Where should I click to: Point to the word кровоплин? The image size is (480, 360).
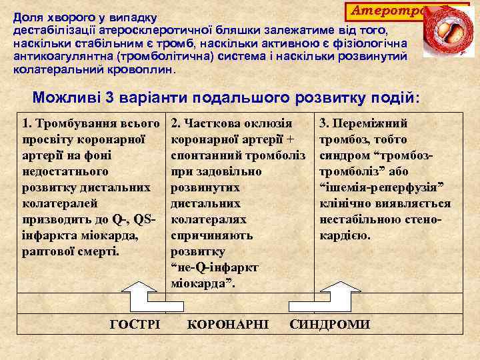coord(139,69)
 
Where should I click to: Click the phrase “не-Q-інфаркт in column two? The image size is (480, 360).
coord(215,267)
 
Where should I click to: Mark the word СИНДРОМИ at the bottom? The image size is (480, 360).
coord(330,324)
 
